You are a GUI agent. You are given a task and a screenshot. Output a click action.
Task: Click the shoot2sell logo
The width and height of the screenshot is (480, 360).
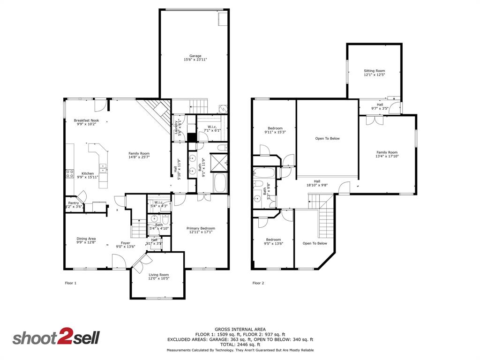point(56,338)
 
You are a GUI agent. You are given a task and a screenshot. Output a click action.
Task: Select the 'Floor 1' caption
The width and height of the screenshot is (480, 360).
point(70,283)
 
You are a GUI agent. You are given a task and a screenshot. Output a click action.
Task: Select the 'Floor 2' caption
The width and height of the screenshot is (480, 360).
point(258,283)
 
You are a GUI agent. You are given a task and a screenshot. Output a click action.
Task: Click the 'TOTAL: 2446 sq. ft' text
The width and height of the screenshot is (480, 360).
point(240,344)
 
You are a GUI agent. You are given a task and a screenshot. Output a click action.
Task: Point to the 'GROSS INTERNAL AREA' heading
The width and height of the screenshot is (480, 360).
point(240,329)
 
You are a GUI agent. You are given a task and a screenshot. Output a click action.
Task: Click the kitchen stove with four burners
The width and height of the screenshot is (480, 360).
point(70,174)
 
